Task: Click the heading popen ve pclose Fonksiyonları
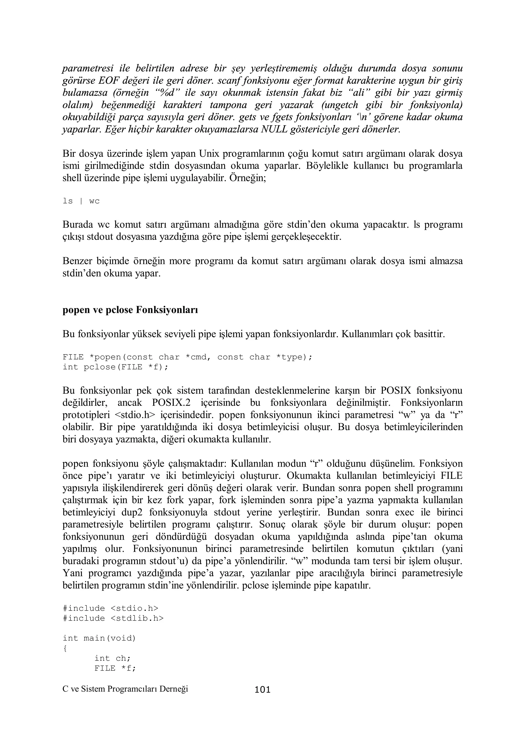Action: (x=130, y=310)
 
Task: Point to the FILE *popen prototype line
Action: (x=187, y=357)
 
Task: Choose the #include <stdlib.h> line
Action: (x=113, y=618)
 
